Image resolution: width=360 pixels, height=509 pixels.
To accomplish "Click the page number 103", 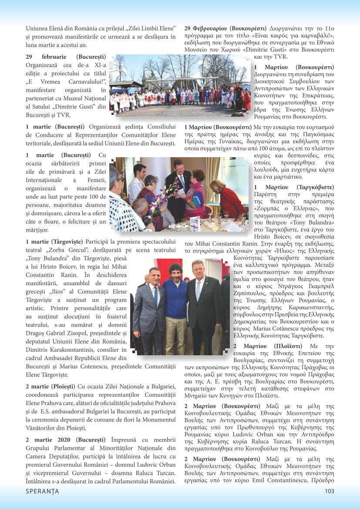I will coord(329,491).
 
